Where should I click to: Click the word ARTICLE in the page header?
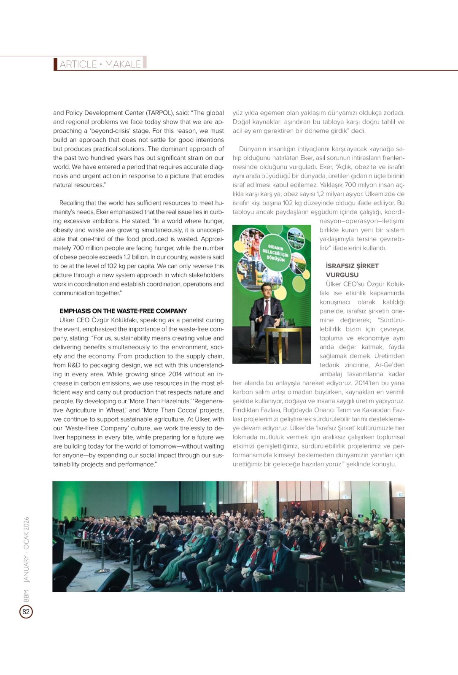(x=78, y=64)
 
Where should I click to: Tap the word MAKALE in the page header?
(x=123, y=64)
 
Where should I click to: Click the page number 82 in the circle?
(x=26, y=612)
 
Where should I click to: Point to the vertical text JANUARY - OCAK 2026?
(x=26, y=550)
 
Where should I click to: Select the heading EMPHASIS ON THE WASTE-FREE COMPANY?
(x=123, y=311)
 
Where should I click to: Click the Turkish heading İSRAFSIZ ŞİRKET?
(x=352, y=266)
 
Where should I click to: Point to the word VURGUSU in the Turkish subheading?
(x=342, y=275)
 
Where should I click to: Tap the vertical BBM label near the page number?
(x=26, y=596)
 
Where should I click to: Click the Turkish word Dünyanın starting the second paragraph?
(x=253, y=149)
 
